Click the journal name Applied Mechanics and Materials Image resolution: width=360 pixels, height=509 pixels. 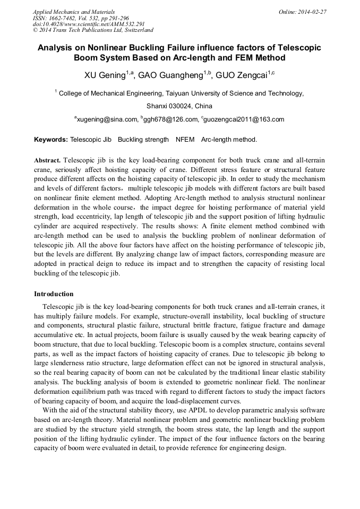pyautogui.click(x=73, y=12)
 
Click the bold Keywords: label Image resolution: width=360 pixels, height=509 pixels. pyautogui.click(x=51, y=140)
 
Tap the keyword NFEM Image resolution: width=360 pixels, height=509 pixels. pyautogui.click(x=185, y=140)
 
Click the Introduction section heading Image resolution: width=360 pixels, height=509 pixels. pyautogui.click(x=54, y=294)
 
